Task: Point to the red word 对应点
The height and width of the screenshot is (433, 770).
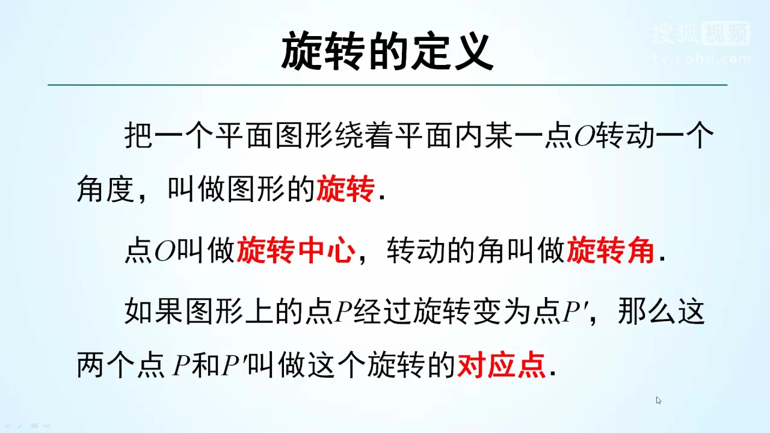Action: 502,365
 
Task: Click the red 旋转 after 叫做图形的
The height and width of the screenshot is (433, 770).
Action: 345,189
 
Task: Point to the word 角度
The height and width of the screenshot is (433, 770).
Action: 103,189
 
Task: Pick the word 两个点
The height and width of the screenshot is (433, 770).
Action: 120,366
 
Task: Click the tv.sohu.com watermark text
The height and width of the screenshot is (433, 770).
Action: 701,59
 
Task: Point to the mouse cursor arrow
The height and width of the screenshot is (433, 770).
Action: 659,400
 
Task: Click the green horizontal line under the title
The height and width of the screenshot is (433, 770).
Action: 387,85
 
